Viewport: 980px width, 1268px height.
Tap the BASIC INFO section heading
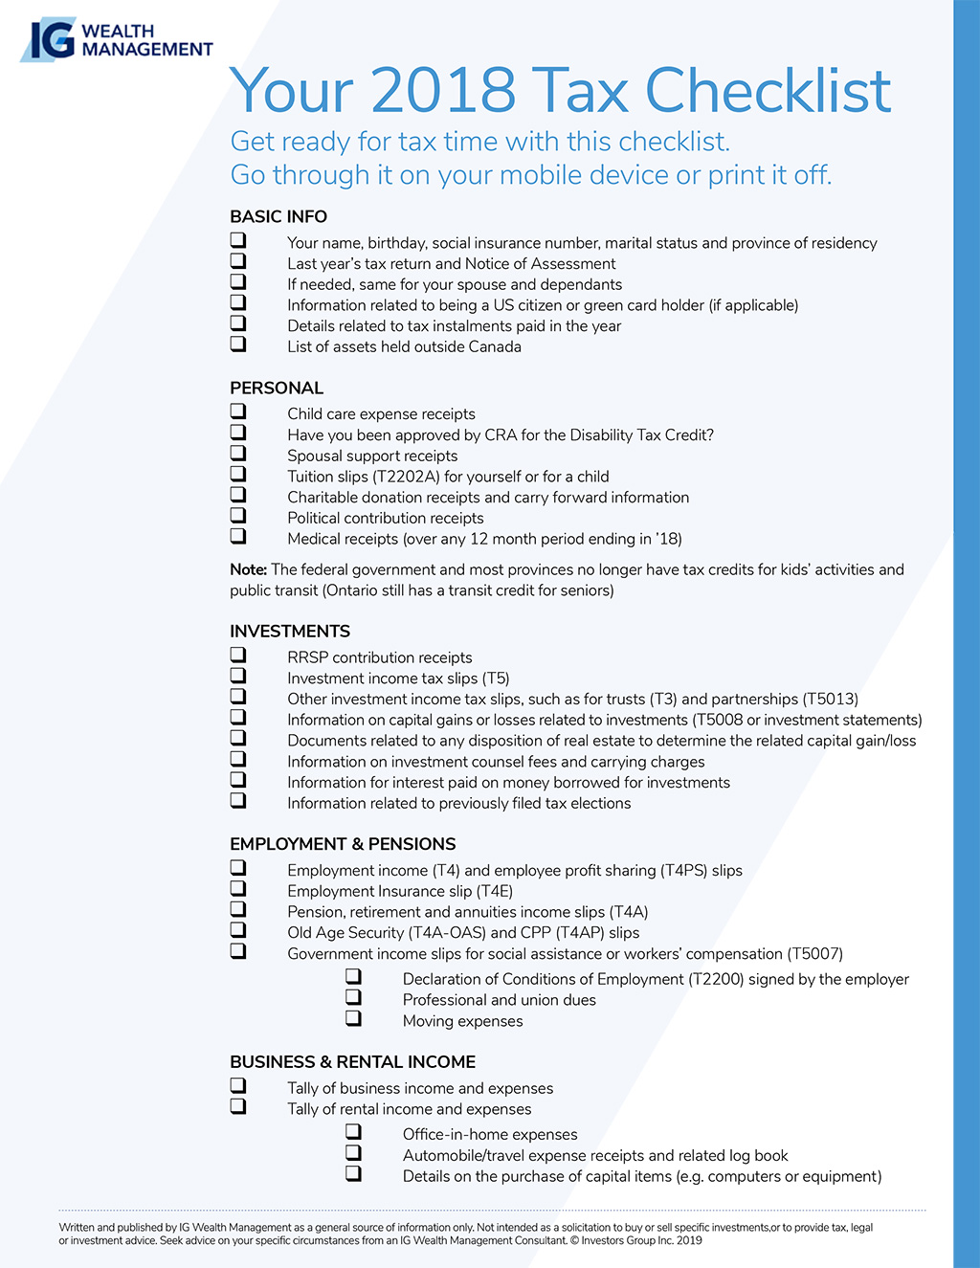(278, 217)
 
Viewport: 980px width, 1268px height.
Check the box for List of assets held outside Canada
(238, 345)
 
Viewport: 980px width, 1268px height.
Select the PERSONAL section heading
(277, 389)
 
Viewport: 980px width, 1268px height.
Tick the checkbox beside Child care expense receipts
(238, 412)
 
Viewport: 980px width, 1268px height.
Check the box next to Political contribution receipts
(238, 516)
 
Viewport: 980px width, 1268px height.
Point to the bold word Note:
(248, 570)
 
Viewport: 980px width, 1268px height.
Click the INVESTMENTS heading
(290, 632)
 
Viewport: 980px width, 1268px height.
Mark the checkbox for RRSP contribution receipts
(238, 656)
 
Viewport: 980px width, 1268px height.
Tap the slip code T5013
(830, 700)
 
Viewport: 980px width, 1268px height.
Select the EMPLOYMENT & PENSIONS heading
(343, 844)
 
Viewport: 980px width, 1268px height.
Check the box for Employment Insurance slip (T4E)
(238, 889)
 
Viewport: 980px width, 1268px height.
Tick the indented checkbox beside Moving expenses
(354, 1019)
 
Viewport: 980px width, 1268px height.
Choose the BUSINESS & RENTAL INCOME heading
(352, 1062)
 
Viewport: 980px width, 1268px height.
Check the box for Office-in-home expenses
(354, 1133)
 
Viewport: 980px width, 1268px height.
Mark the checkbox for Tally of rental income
(238, 1107)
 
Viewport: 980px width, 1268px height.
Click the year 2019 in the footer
(688, 1241)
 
